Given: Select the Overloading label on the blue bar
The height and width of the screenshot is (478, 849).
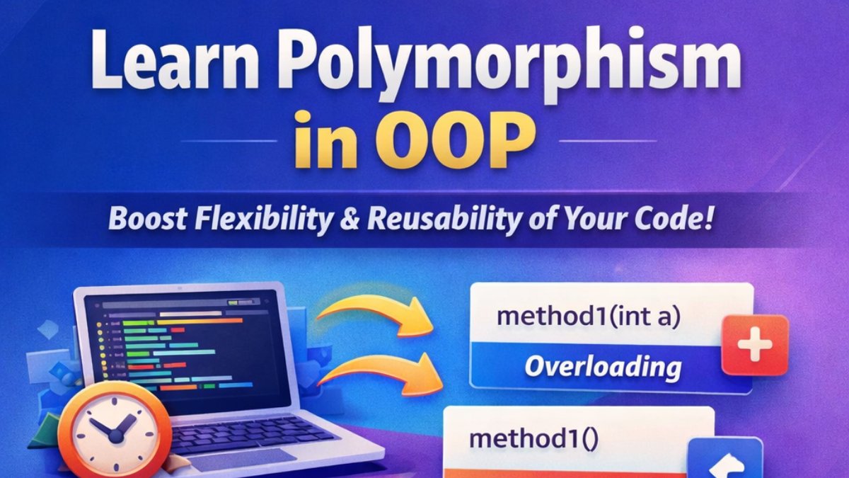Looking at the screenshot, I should pyautogui.click(x=603, y=367).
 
